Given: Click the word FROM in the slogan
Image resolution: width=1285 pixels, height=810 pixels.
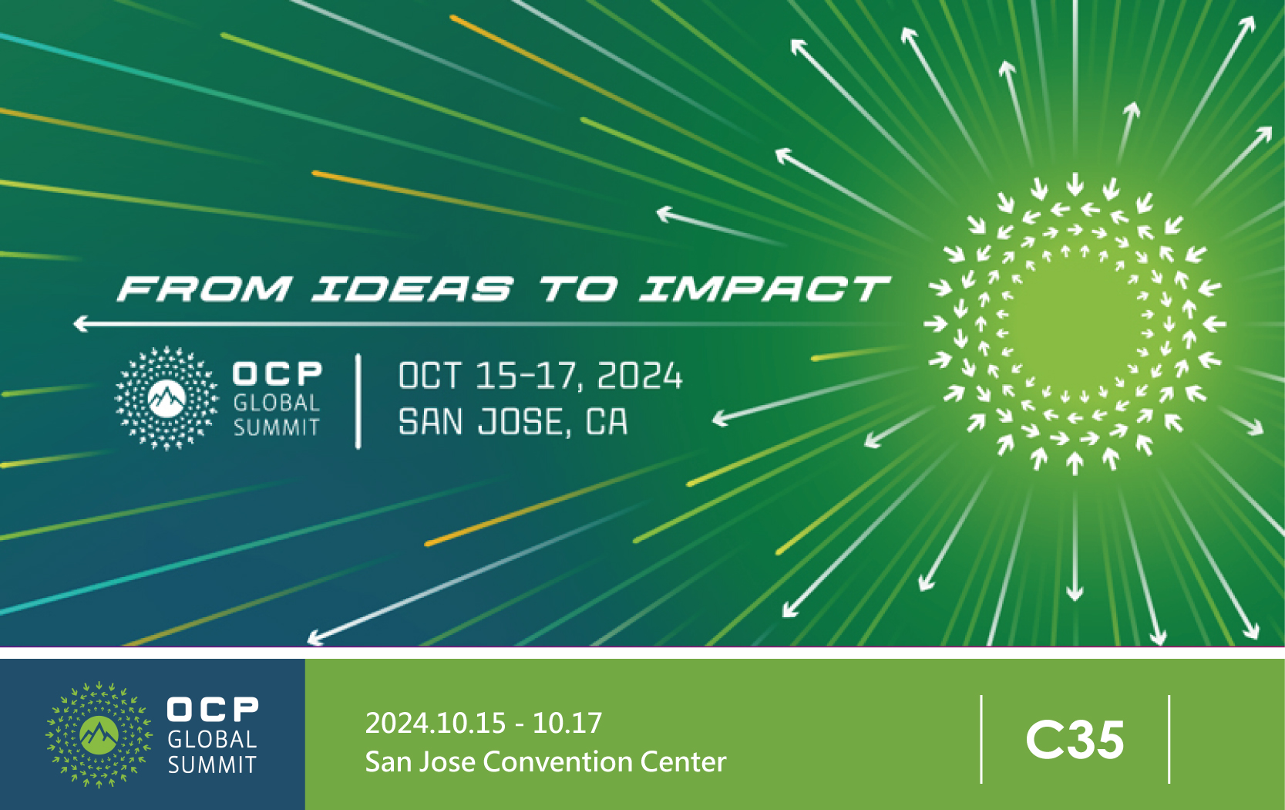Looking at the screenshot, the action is click(205, 289).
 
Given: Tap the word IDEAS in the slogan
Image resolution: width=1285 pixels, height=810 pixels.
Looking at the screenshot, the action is click(412, 289).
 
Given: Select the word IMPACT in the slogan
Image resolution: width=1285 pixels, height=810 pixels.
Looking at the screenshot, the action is click(765, 289).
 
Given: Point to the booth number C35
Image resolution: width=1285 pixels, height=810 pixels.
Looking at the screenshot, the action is click(1075, 741).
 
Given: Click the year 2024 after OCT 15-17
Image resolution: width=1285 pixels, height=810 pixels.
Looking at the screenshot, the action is click(640, 376).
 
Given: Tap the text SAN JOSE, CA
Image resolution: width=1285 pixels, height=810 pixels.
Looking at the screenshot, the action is click(513, 423).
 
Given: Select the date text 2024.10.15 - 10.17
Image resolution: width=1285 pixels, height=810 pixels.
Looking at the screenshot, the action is click(483, 723).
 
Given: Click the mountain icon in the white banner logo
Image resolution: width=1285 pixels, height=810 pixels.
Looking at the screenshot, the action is click(167, 399).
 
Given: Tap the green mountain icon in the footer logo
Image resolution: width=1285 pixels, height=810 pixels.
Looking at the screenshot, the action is click(99, 735).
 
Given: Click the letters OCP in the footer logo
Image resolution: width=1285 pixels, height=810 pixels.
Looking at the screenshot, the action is click(213, 710).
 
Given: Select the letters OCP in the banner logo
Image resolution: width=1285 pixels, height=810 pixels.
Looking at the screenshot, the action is click(278, 373).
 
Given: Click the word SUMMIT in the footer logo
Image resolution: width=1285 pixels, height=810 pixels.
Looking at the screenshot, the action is click(212, 764).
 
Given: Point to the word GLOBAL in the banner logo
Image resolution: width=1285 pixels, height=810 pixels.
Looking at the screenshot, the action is click(277, 403).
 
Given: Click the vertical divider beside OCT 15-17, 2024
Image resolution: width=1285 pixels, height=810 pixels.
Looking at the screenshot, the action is click(358, 401).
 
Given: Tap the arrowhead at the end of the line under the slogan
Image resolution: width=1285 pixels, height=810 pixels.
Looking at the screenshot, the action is click(80, 324).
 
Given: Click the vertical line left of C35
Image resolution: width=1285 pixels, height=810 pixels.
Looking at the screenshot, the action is click(981, 739).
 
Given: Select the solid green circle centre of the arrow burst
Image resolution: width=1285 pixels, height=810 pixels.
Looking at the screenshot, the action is click(1075, 324).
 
